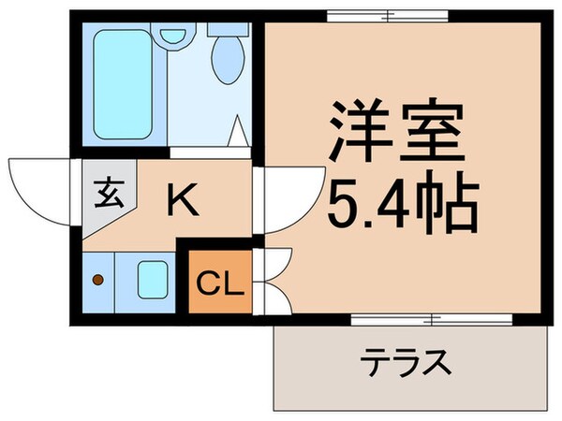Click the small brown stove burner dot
98,279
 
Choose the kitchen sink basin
152,279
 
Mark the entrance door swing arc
37,187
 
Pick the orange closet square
222,282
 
